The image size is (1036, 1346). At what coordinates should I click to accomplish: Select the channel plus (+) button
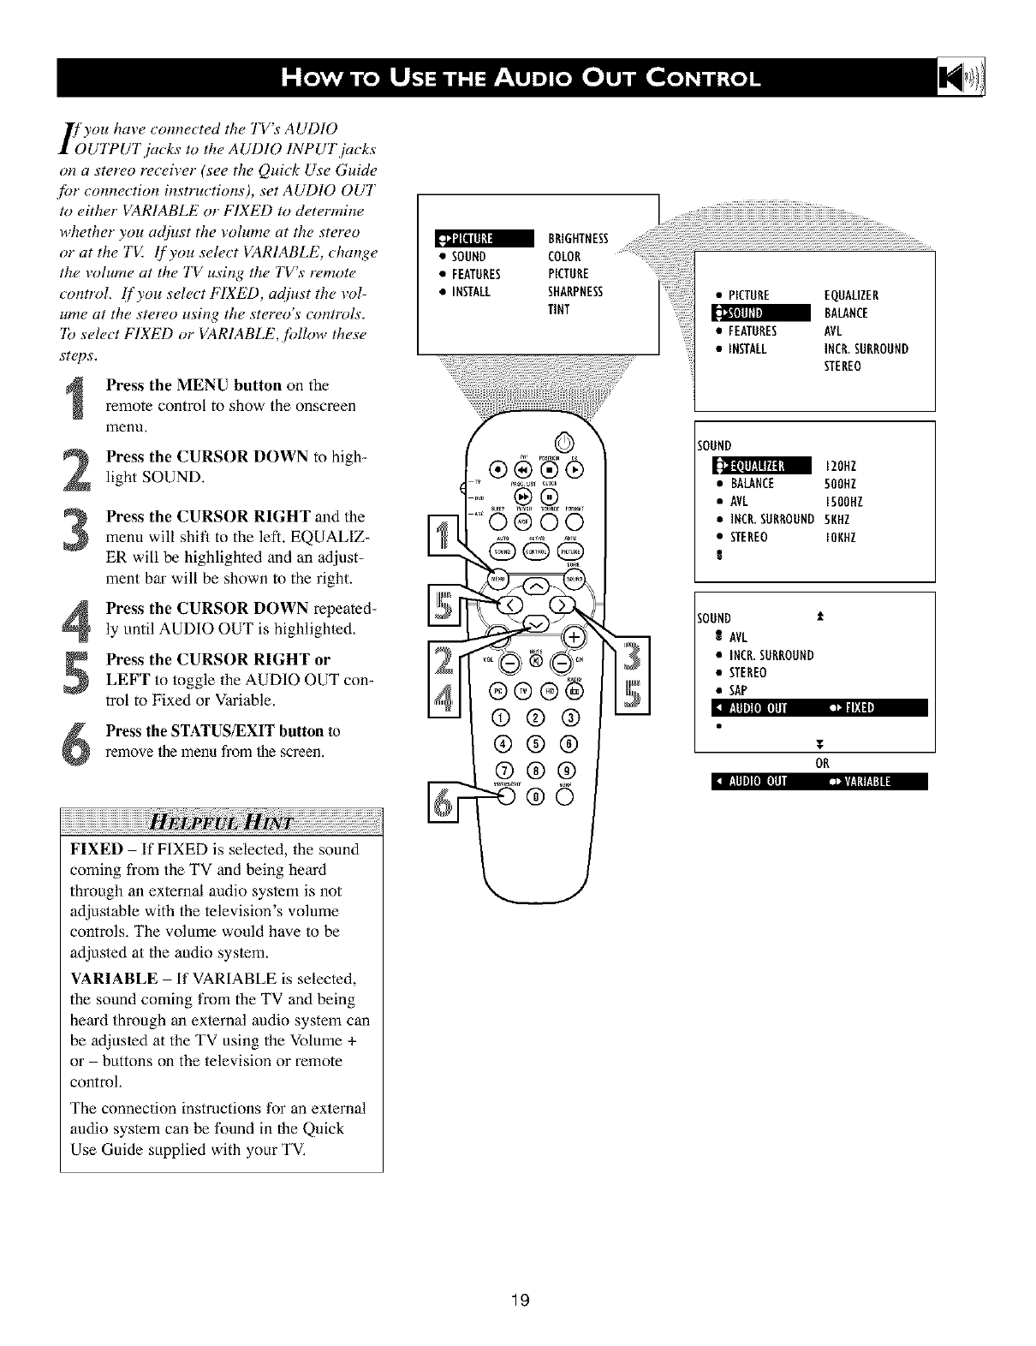coord(574,636)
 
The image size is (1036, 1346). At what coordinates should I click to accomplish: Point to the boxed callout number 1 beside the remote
coord(443,541)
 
